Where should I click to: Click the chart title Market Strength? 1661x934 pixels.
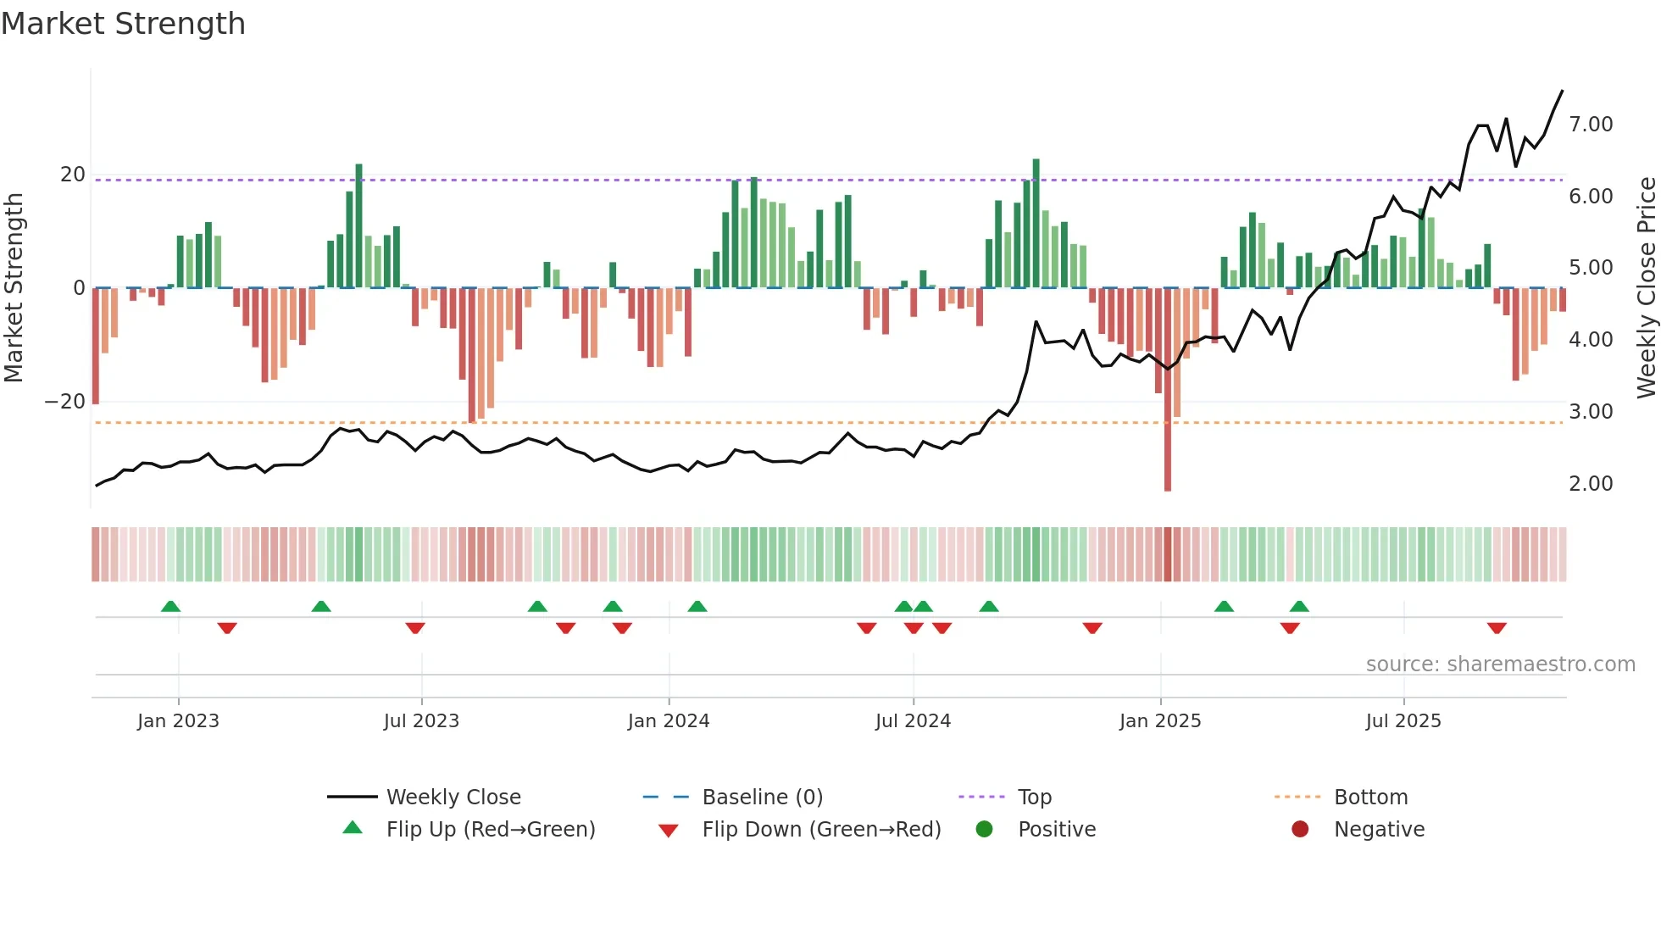(123, 24)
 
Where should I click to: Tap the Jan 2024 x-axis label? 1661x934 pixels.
(668, 721)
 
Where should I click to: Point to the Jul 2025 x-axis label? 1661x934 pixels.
(1403, 721)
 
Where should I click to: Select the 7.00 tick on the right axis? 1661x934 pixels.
(1591, 125)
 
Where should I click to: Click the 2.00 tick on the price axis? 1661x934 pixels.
(1591, 484)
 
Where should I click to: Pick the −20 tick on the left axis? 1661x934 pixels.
(65, 402)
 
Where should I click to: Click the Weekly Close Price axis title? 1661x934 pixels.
(1646, 287)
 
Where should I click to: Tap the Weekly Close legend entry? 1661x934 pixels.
(453, 798)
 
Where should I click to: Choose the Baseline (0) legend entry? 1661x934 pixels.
(762, 798)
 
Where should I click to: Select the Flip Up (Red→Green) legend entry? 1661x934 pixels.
(490, 830)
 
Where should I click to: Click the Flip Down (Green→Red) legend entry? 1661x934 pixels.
(820, 830)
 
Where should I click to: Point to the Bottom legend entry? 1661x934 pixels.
(1370, 798)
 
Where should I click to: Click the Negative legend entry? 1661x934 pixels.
(1379, 830)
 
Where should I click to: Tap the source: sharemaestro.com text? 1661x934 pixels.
(1500, 664)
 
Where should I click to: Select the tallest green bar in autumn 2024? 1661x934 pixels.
(1036, 222)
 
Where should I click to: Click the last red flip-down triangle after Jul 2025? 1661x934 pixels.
(1497, 628)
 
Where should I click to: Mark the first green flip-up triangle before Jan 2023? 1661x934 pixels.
(170, 606)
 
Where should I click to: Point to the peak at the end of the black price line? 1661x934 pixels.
(1562, 92)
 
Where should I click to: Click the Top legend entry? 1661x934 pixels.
(1034, 798)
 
